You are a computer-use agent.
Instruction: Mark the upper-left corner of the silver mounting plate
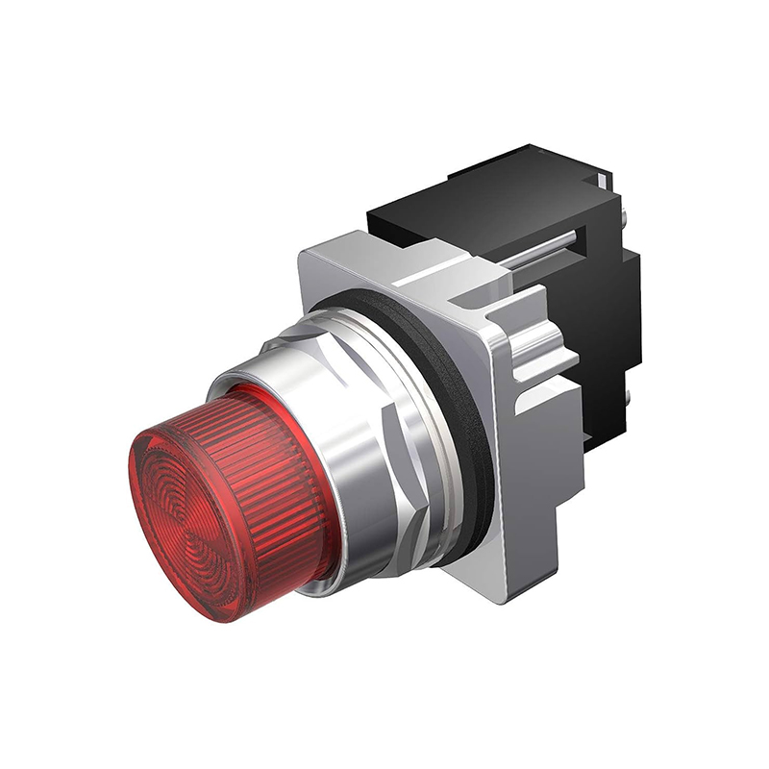click(306, 252)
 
